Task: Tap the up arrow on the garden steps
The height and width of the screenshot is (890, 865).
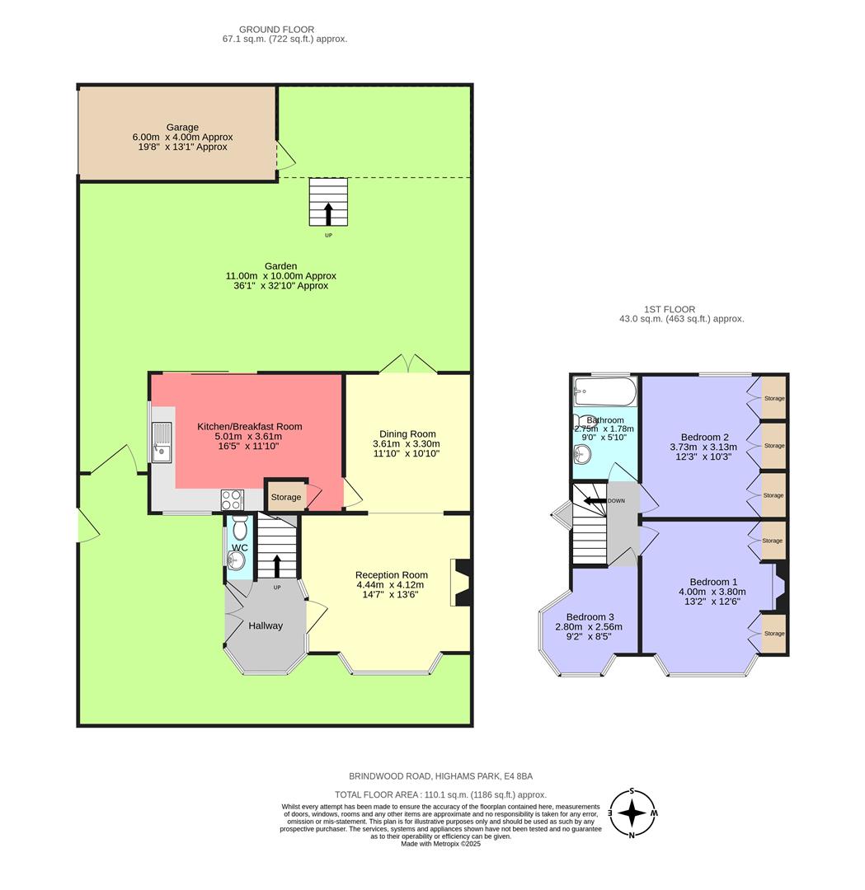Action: tap(327, 213)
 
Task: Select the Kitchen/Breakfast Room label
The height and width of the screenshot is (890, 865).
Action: tap(249, 427)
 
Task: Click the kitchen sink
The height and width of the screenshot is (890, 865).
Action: tap(162, 440)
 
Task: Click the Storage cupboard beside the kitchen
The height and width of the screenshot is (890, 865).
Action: tap(285, 497)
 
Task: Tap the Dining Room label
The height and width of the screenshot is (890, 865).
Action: tap(407, 434)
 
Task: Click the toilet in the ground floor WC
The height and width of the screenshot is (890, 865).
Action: tap(239, 527)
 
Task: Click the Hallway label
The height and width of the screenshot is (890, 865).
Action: tap(266, 625)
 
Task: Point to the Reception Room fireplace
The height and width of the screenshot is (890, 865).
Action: tap(461, 583)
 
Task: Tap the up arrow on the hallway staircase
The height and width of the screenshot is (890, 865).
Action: tap(276, 566)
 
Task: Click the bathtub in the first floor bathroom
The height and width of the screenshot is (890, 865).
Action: tap(605, 391)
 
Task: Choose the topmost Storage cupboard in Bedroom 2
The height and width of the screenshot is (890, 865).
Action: tap(773, 399)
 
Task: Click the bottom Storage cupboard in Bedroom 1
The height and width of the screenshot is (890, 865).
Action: tap(773, 634)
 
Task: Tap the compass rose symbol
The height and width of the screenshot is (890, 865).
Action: tap(632, 813)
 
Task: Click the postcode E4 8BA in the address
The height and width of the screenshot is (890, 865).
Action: tap(516, 776)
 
